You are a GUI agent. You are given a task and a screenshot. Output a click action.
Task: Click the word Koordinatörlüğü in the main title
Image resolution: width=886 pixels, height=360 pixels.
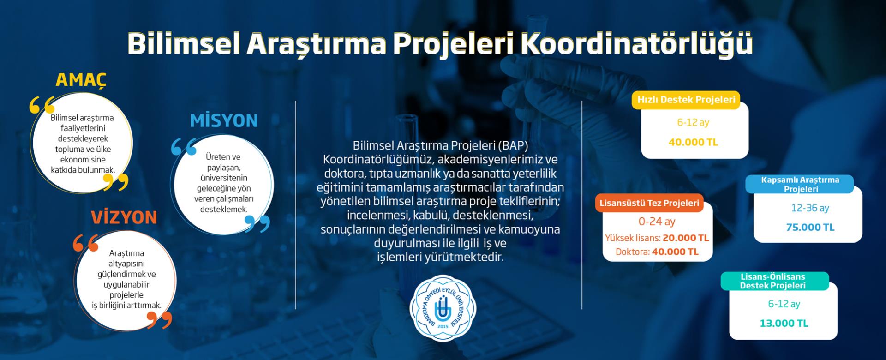636,43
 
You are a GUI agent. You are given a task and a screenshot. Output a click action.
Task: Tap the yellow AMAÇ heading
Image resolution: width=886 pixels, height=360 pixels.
81,80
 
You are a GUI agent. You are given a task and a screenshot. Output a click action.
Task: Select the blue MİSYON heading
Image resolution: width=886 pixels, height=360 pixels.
224,120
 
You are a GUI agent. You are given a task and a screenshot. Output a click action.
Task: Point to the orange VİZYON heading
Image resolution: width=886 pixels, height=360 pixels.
124,217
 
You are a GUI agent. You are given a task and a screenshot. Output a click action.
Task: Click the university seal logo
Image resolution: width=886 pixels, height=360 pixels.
443,308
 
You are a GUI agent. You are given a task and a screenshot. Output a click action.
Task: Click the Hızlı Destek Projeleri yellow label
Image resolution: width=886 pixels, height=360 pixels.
686,100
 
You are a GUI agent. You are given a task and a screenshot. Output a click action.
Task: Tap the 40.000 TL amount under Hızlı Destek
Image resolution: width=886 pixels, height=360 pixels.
693,142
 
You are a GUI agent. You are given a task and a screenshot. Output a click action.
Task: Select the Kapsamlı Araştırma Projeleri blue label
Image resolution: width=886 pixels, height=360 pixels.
800,184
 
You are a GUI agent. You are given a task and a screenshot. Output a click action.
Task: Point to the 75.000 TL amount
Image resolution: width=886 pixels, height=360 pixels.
810,227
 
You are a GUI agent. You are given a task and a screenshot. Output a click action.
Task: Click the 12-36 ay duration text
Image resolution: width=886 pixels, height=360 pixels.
810,208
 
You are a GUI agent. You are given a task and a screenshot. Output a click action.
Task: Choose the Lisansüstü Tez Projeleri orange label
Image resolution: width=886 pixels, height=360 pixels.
649,203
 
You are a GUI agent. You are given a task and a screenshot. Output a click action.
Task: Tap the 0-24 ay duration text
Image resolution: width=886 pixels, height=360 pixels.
657,222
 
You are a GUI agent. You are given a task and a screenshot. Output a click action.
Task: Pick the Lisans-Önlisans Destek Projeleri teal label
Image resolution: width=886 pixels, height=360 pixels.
775,281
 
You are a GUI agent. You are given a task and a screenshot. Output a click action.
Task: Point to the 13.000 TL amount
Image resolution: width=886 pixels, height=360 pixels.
784,323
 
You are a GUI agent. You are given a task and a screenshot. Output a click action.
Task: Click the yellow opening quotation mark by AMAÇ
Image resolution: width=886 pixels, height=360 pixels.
42,105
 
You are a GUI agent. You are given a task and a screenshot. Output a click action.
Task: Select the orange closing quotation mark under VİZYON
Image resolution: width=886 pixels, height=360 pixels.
159,320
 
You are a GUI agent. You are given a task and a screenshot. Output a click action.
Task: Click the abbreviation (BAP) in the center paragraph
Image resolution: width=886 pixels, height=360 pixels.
513,146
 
